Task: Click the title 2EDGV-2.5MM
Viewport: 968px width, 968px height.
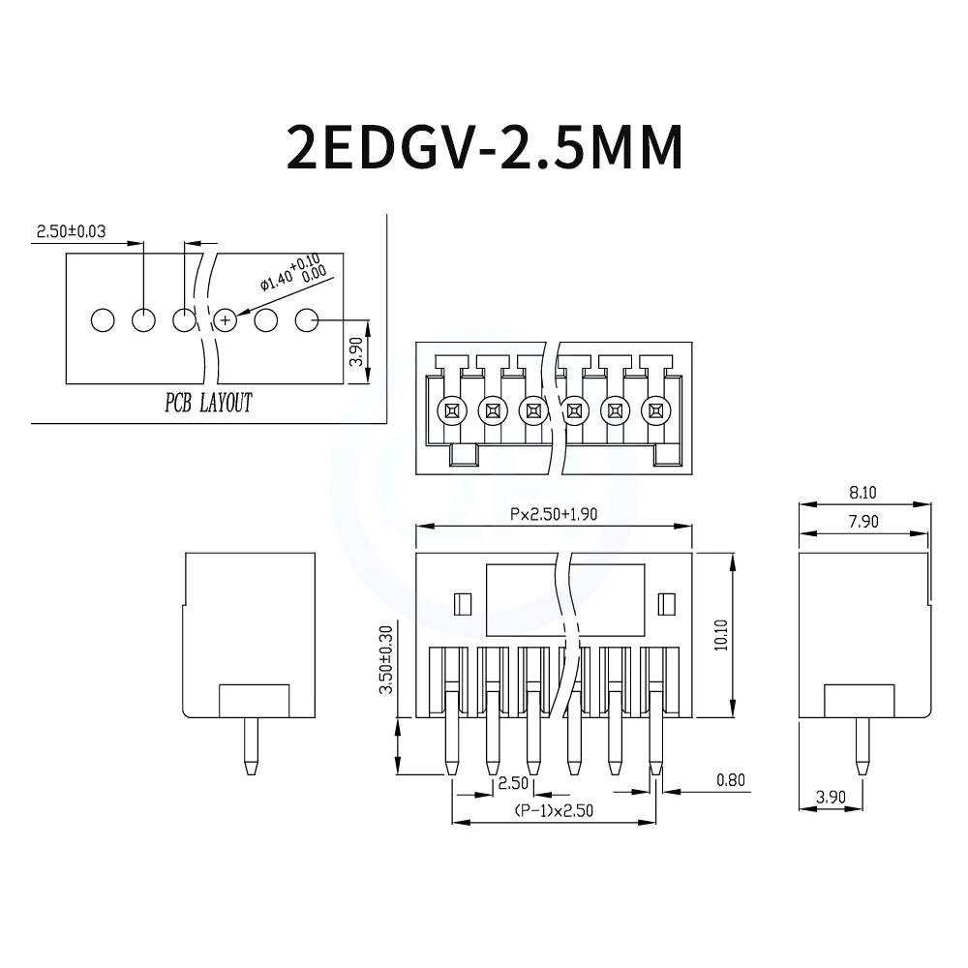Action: pyautogui.click(x=484, y=147)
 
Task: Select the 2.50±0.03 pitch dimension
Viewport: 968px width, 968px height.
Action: pyautogui.click(x=70, y=231)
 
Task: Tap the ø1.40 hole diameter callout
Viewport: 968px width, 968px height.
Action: pyautogui.click(x=291, y=271)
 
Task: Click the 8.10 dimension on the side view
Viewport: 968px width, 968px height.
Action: pyautogui.click(x=862, y=492)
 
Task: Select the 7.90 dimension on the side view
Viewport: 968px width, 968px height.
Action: pyautogui.click(x=862, y=522)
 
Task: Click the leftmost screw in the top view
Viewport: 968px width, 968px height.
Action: pyautogui.click(x=451, y=410)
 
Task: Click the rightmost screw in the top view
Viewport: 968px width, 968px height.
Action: pyautogui.click(x=655, y=410)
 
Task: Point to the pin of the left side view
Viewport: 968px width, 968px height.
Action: pyautogui.click(x=251, y=749)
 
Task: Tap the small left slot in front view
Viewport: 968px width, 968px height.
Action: pyautogui.click(x=462, y=604)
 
